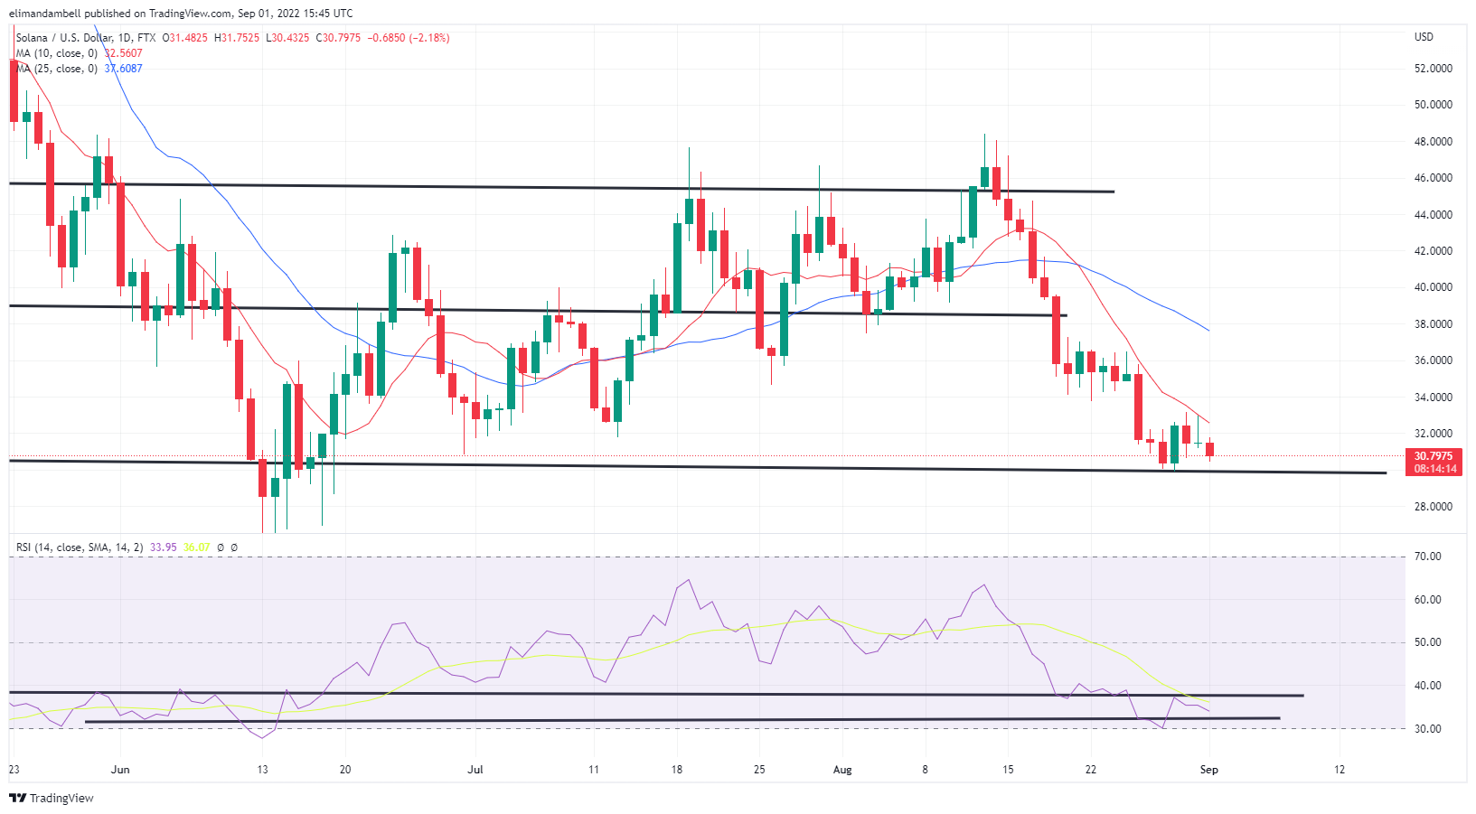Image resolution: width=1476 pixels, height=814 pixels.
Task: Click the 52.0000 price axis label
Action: (1433, 69)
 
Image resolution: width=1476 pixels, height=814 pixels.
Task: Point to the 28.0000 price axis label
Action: (1433, 507)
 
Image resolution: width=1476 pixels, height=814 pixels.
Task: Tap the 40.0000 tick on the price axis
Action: (1433, 287)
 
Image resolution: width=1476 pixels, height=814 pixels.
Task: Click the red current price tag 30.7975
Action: (1434, 456)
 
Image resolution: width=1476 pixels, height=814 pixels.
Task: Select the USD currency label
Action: (1424, 37)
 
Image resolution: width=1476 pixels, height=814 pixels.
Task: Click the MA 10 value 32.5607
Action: (124, 53)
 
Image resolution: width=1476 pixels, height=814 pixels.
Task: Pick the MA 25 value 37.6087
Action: (124, 69)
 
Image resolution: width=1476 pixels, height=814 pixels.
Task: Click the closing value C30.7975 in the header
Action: (338, 38)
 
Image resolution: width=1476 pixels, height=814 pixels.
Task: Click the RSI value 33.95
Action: (163, 547)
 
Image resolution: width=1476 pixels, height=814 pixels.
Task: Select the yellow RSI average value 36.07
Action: (196, 547)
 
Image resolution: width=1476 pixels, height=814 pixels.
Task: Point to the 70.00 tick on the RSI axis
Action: (1427, 557)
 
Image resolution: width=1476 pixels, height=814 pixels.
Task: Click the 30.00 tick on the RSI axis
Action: (1427, 728)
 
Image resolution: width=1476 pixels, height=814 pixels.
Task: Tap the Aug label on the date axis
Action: (842, 770)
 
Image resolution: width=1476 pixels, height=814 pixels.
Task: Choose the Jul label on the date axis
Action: (475, 770)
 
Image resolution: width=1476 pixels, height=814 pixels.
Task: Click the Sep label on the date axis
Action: (1208, 770)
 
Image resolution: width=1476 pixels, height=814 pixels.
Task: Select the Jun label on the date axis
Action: (120, 770)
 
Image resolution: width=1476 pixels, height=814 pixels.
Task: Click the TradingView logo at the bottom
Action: (52, 798)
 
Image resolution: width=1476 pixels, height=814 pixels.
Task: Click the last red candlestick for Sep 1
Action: (1209, 449)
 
